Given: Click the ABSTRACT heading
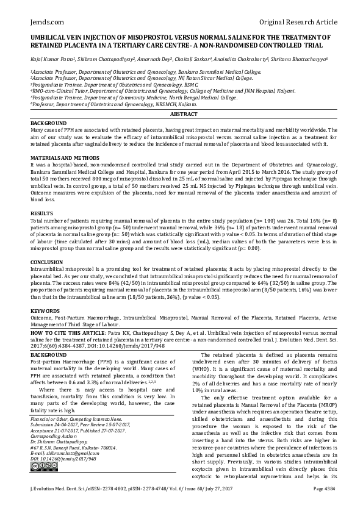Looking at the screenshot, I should pos(181,114).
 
